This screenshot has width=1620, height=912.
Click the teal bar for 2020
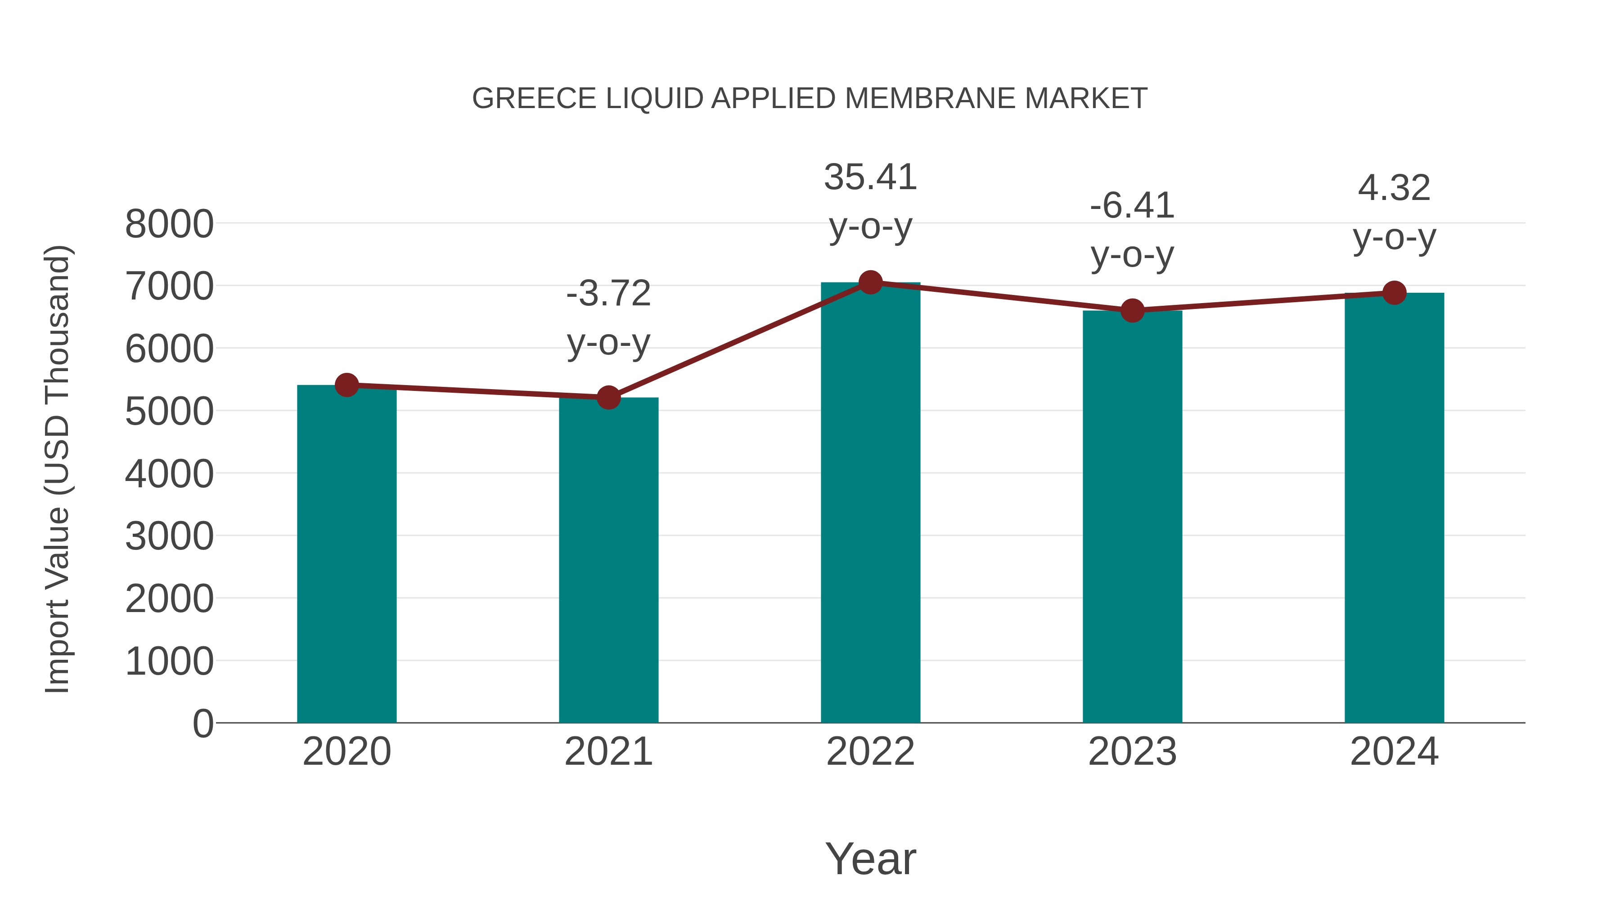pos(346,554)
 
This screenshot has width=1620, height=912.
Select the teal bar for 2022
pos(870,504)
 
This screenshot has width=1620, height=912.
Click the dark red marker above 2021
pos(608,397)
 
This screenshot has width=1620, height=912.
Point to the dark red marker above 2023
pos(1132,310)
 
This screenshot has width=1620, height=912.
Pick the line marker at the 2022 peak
pos(870,282)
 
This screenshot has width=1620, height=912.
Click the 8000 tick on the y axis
pos(169,224)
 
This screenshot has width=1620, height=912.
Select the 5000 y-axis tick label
pos(169,412)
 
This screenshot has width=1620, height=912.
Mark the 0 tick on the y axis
pos(203,723)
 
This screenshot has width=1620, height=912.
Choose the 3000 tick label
pos(169,536)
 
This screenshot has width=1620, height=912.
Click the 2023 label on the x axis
pos(1132,752)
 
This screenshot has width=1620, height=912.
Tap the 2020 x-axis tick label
pos(346,752)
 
